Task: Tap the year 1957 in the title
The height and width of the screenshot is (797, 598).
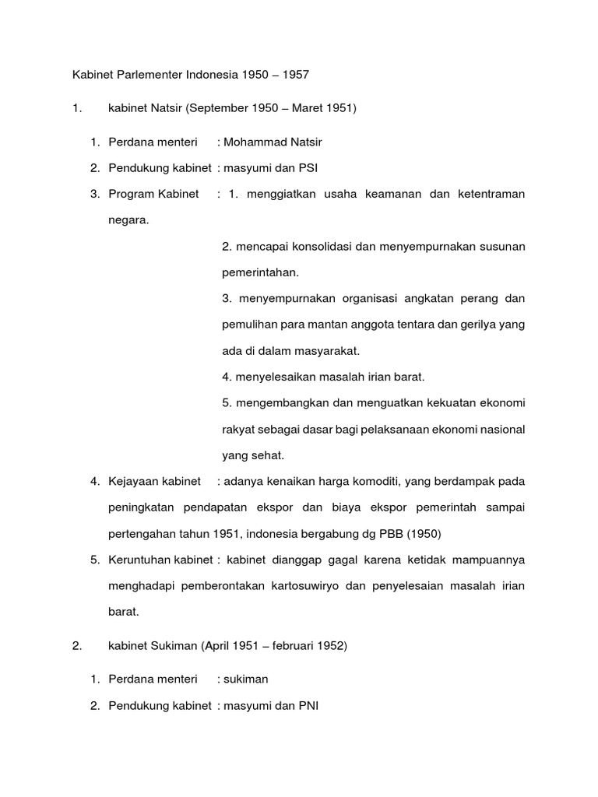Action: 297,75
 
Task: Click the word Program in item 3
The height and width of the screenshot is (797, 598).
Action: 129,193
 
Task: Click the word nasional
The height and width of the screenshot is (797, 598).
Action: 502,429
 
